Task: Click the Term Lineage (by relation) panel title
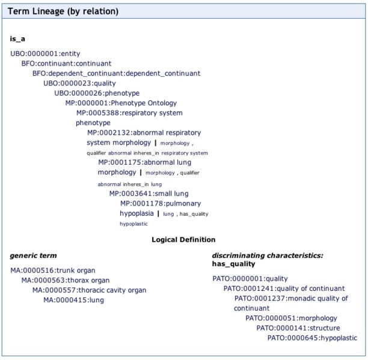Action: pos(63,11)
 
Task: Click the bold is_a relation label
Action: pos(17,38)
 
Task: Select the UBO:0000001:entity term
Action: pos(45,53)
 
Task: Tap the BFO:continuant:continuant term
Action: pos(66,63)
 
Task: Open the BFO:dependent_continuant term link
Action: pos(117,73)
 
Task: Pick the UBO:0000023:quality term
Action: pos(79,84)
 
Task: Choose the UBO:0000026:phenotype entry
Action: pos(97,93)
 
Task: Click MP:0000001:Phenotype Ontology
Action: pos(121,103)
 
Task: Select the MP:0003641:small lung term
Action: pos(149,194)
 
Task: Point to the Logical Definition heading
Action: pos(183,239)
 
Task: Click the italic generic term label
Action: pos(33,255)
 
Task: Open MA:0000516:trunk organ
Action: pos(53,270)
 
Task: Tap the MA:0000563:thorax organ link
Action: pos(66,280)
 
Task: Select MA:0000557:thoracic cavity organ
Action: pos(90,290)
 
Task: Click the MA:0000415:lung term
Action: pos(74,300)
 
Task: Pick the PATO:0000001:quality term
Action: pos(250,278)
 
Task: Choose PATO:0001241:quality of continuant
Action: pos(284,288)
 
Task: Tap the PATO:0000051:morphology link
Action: pos(291,318)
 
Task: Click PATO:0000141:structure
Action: pos(298,328)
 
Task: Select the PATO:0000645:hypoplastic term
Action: pos(312,338)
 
